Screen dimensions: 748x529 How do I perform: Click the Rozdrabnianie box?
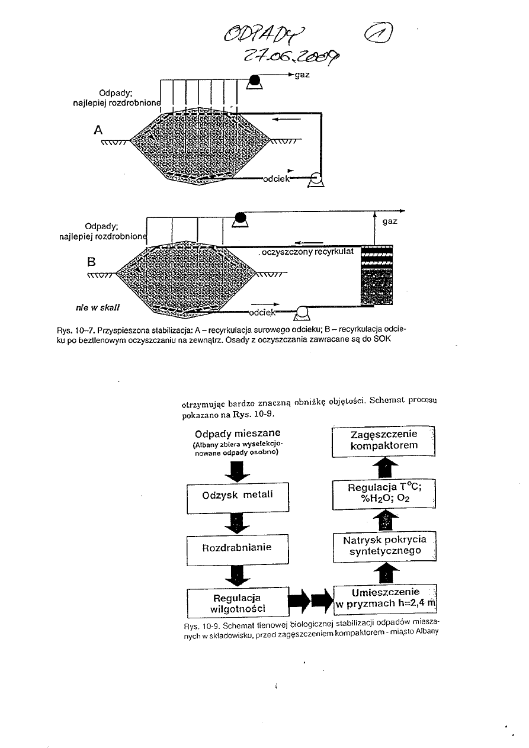click(238, 548)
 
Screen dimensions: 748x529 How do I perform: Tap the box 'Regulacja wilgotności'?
click(238, 602)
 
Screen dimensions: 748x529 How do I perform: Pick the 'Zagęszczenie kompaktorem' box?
click(383, 441)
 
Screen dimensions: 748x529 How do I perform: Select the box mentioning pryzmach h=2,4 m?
click(385, 599)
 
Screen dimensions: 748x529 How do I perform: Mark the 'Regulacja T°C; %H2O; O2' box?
click(383, 494)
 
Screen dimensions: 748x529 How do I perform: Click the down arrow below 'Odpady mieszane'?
click(237, 470)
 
